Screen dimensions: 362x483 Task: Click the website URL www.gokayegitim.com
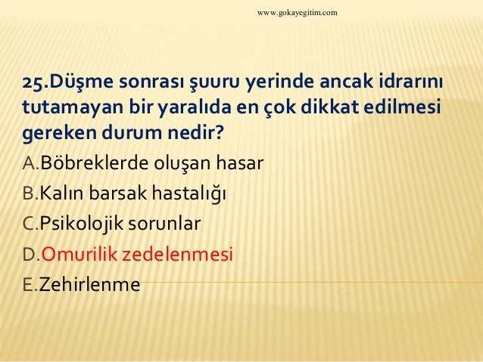(x=298, y=13)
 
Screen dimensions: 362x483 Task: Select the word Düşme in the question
(x=76, y=82)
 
